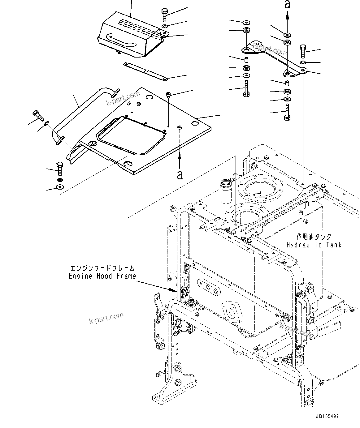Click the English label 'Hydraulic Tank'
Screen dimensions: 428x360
[x=314, y=245]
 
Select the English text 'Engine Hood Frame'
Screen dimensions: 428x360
[x=102, y=276]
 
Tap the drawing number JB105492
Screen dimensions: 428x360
[x=328, y=417]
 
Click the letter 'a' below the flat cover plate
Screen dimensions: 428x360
[x=180, y=175]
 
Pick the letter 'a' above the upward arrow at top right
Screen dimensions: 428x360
[x=287, y=4]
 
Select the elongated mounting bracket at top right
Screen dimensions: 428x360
[x=272, y=57]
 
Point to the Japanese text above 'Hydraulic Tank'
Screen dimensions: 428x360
[x=314, y=237]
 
